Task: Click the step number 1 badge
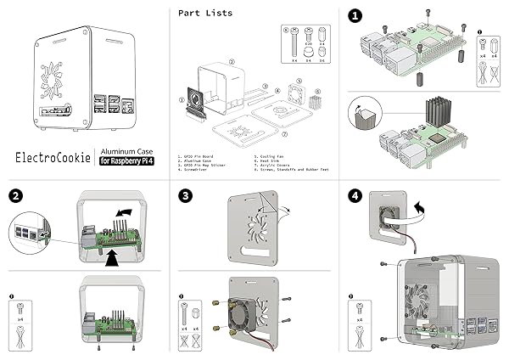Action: [355, 15]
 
